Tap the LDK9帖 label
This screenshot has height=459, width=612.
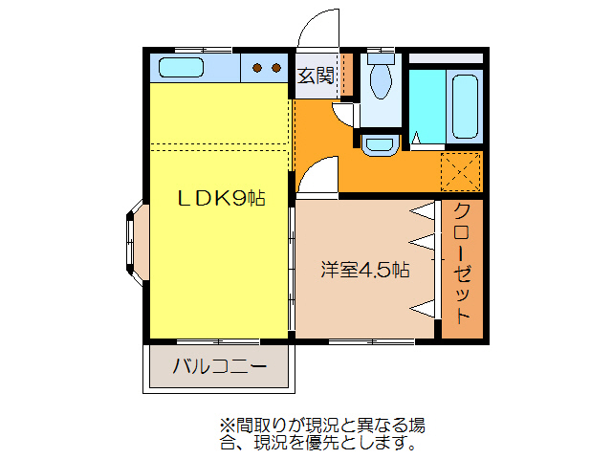(221, 199)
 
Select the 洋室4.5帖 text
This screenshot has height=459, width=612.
(364, 271)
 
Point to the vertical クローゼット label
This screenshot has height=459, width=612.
(462, 263)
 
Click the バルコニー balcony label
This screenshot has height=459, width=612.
(219, 367)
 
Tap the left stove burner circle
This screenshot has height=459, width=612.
(257, 68)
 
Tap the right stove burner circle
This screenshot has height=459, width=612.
(275, 68)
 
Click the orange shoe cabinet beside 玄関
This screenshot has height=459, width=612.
(347, 76)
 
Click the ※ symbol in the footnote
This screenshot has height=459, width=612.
(226, 425)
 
